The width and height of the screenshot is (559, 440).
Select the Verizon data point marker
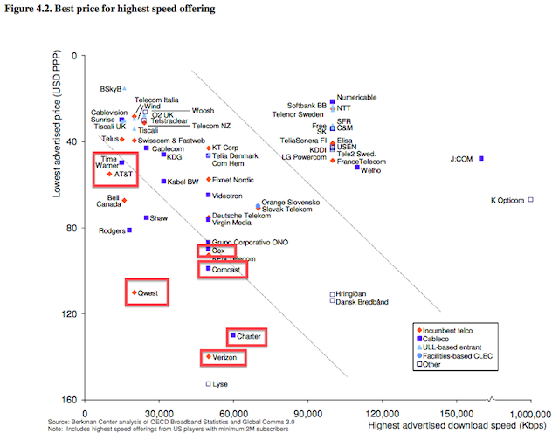pos(208,357)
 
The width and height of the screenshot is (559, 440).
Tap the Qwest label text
pos(148,293)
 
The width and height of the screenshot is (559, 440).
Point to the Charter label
pos(248,336)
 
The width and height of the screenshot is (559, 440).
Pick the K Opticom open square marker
pos(530,200)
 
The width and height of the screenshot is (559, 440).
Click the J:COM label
pos(461,160)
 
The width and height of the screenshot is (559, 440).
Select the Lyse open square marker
pos(208,384)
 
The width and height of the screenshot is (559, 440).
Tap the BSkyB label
pos(110,88)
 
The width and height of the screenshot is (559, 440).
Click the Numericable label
pos(357,97)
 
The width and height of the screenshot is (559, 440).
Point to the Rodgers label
pos(112,231)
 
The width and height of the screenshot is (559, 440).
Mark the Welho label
pos(371,170)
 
